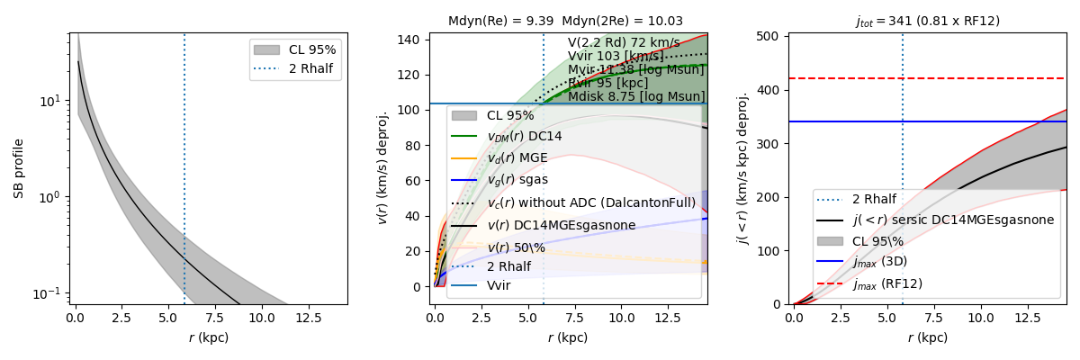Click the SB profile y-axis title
pos(18,168)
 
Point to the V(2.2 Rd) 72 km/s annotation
pos(624,43)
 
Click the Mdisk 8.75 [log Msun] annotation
pos(636,97)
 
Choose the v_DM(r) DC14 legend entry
pos(525,137)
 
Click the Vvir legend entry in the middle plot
pos(499,285)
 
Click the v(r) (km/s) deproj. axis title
pos(382,168)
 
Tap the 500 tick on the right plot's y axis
pos(772,37)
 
